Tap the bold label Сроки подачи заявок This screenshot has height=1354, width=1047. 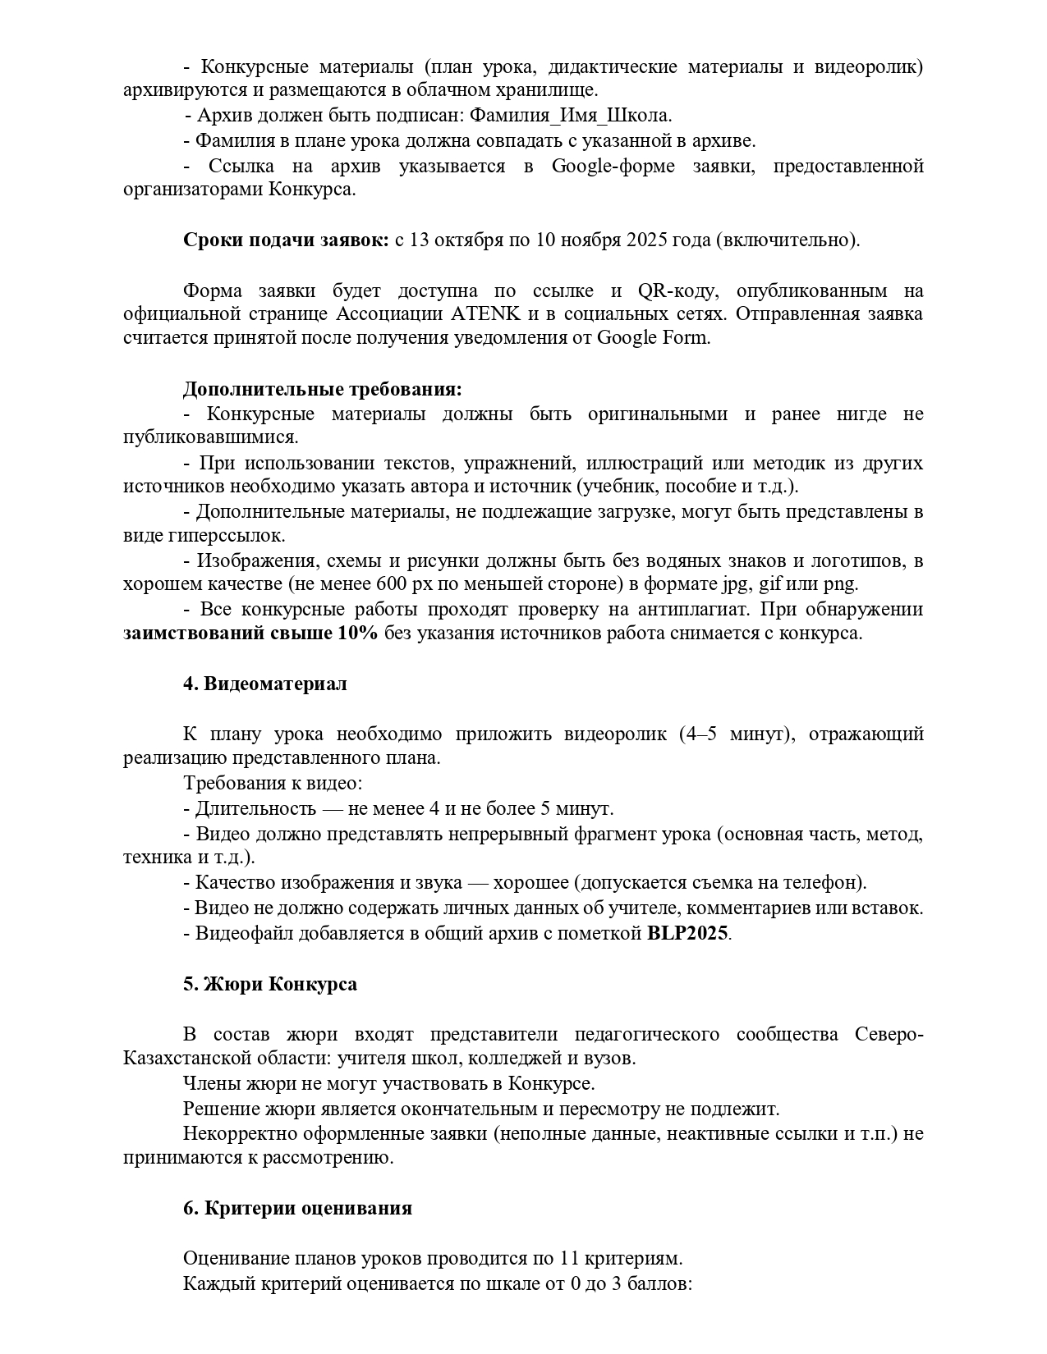click(x=286, y=240)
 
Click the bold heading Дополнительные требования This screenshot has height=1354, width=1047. click(x=322, y=388)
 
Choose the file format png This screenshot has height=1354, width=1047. click(x=843, y=585)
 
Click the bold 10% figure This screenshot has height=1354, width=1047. click(x=357, y=634)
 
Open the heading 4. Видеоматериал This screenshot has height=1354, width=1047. click(x=264, y=684)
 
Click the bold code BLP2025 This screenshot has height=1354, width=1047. click(x=687, y=934)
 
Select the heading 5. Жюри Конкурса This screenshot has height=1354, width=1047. click(x=269, y=984)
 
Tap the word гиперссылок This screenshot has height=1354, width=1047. click(x=226, y=536)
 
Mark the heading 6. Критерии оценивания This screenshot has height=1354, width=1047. click(x=297, y=1209)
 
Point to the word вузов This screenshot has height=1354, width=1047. click(x=608, y=1059)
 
